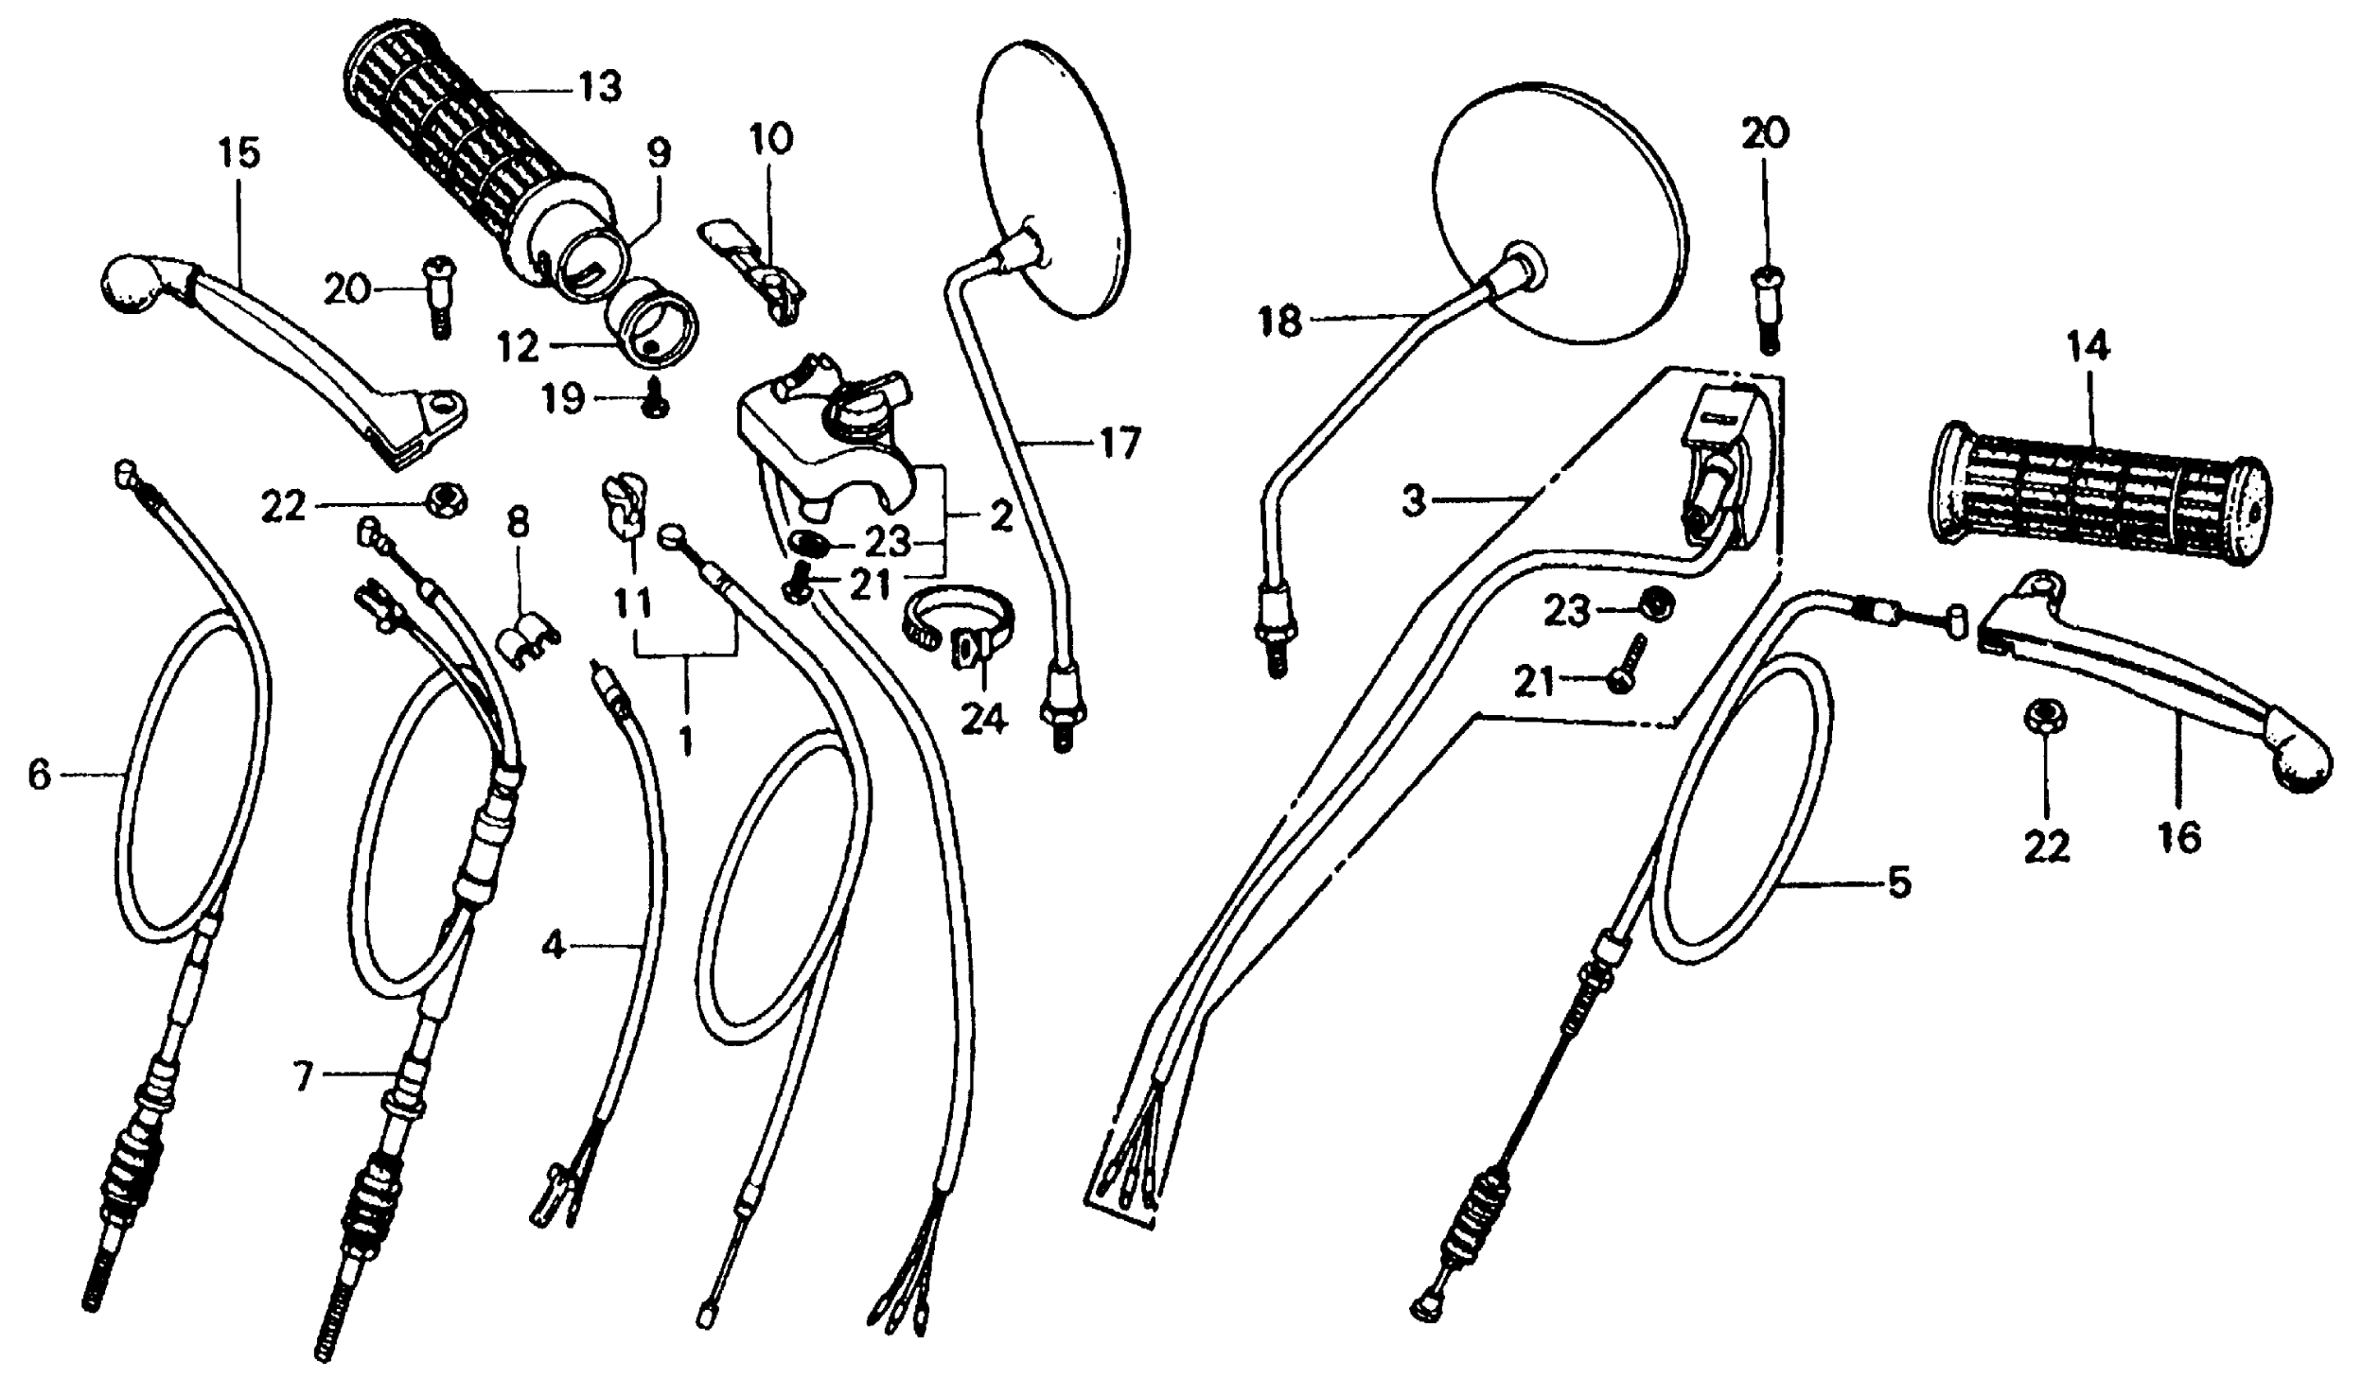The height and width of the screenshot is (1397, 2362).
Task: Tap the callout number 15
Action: pyautogui.click(x=239, y=153)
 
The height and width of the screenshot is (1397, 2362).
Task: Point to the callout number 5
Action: pyautogui.click(x=1899, y=883)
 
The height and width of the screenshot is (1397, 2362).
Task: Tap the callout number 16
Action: pyautogui.click(x=2180, y=836)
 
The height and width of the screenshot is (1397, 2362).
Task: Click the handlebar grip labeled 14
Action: pyautogui.click(x=2098, y=496)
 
